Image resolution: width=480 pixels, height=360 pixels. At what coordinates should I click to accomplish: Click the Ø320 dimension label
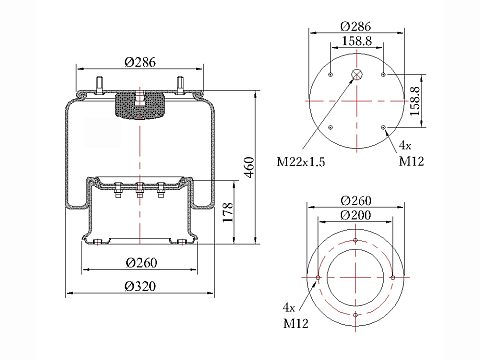click(x=140, y=286)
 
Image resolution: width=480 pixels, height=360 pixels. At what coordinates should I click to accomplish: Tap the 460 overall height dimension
click(x=249, y=167)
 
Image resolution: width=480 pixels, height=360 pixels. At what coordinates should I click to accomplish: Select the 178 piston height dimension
click(x=228, y=212)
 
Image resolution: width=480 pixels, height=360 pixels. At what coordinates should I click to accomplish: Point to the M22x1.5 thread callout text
click(x=301, y=162)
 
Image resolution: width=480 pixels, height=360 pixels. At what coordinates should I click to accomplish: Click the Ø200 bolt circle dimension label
click(x=356, y=215)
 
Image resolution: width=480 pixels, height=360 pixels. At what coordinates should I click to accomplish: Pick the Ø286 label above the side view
click(x=140, y=62)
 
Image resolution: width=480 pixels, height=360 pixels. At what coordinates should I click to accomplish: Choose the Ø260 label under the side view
click(x=141, y=263)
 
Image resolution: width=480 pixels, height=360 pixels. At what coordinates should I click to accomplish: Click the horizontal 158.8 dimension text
click(x=357, y=41)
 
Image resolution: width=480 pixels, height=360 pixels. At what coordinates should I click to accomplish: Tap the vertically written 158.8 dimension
click(x=415, y=101)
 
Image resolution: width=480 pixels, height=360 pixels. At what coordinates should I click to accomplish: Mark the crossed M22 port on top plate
click(x=357, y=74)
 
